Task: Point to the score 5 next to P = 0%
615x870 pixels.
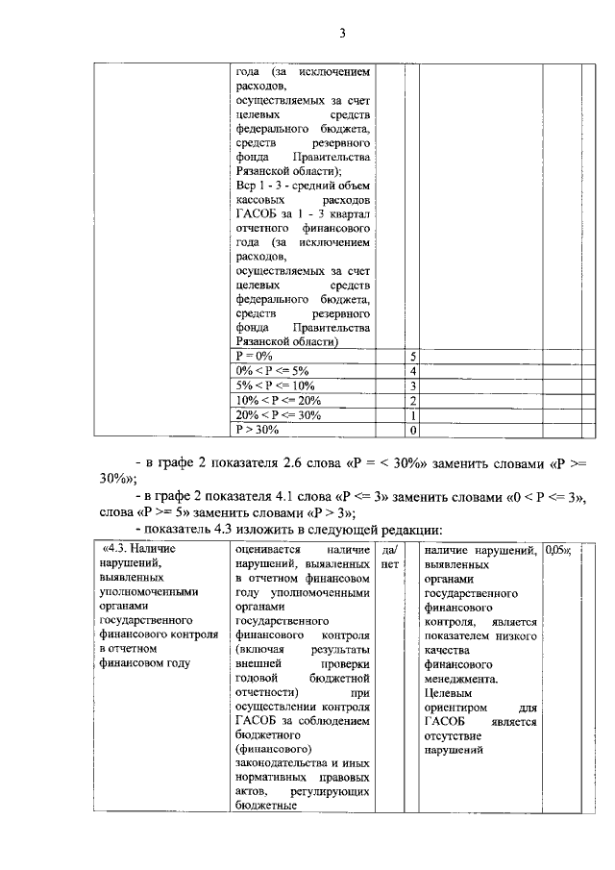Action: [x=412, y=356]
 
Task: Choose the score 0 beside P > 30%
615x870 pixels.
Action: [x=412, y=430]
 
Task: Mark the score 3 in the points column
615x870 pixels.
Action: [x=412, y=385]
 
